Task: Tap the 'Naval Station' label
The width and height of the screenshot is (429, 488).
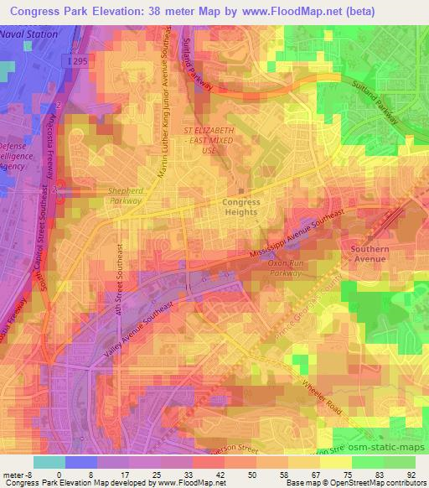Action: tap(29, 34)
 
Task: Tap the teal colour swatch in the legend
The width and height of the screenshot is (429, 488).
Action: tap(49, 461)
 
